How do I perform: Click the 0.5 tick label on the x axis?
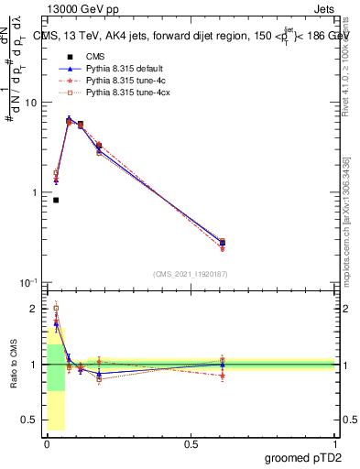pyautogui.click(x=191, y=443)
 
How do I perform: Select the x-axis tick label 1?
pyautogui.click(x=335, y=443)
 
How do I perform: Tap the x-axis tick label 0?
pyautogui.click(x=47, y=443)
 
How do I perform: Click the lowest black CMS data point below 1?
pyautogui.click(x=56, y=200)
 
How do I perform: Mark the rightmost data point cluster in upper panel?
pyautogui.click(x=223, y=244)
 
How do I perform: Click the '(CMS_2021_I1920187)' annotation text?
pyautogui.click(x=191, y=273)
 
